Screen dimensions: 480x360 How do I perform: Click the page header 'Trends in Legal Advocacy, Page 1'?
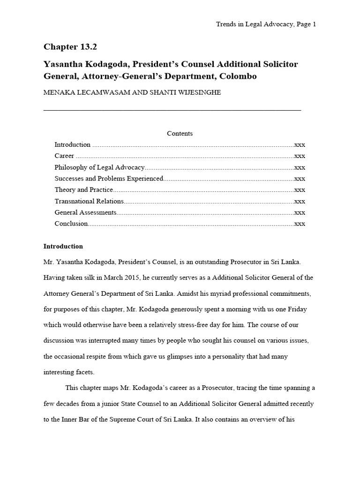[266, 24]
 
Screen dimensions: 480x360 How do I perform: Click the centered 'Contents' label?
[180, 134]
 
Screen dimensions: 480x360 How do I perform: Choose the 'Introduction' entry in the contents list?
[72, 145]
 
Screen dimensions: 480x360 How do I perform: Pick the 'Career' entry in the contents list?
[64, 156]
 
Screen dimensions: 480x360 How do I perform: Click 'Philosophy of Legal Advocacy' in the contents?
[99, 167]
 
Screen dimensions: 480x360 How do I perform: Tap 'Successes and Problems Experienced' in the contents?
[108, 179]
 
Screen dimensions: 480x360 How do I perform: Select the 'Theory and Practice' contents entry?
[84, 190]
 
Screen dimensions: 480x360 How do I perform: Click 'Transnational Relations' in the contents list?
[89, 201]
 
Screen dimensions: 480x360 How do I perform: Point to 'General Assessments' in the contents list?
[85, 212]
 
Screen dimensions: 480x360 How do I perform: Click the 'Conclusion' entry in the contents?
[71, 224]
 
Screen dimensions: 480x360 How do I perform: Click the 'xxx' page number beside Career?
[300, 156]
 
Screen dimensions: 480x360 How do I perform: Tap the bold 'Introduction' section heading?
[63, 247]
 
